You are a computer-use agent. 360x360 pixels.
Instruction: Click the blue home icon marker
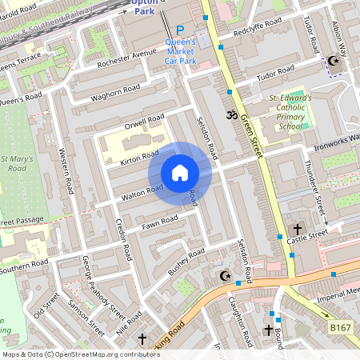pyautogui.click(x=180, y=174)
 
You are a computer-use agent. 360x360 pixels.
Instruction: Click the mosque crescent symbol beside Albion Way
pyautogui.click(x=334, y=61)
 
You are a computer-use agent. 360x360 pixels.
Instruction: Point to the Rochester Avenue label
pyautogui.click(x=126, y=59)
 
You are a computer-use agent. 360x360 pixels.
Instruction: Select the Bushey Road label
pyautogui.click(x=186, y=262)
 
